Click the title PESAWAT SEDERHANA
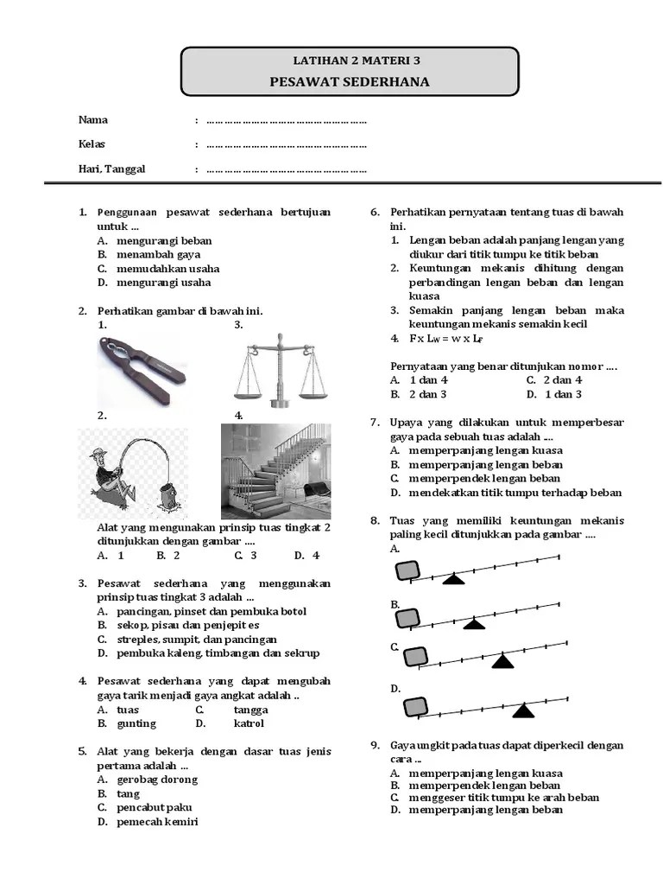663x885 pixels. tap(349, 82)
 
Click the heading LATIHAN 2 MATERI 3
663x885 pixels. tap(349, 60)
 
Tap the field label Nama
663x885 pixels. tap(93, 120)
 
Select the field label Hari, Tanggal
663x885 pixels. tap(112, 169)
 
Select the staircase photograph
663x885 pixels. tap(276, 471)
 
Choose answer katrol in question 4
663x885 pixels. tap(249, 723)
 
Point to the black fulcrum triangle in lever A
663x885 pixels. tap(453, 579)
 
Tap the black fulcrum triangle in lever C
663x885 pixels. tap(503, 661)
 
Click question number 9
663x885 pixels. tap(376, 745)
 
